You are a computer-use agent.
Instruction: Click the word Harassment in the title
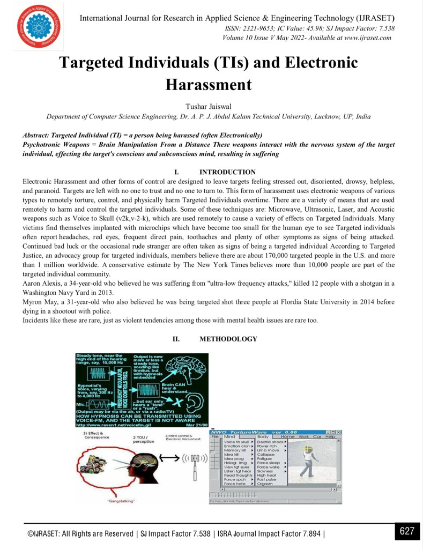point(208,85)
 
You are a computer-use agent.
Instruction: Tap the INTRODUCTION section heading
point(227,172)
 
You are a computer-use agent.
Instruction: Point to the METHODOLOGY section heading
point(228,339)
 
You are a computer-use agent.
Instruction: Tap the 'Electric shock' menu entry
point(270,442)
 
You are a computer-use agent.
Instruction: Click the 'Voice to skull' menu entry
point(236,442)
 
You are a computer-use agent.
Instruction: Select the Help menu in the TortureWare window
point(330,437)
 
